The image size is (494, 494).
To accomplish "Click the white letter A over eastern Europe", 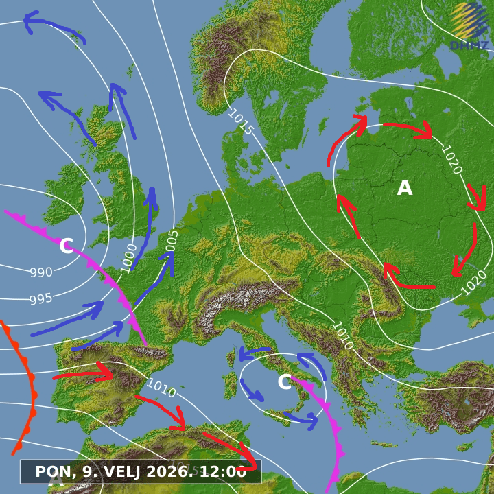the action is pyautogui.click(x=405, y=188).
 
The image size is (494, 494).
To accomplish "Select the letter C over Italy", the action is pyautogui.click(x=285, y=382).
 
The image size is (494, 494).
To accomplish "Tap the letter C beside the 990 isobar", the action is pyautogui.click(x=66, y=246).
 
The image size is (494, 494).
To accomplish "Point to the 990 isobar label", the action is pyautogui.click(x=41, y=272).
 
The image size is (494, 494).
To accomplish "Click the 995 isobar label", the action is pyautogui.click(x=41, y=299).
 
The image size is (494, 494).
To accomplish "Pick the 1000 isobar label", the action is pyautogui.click(x=129, y=258).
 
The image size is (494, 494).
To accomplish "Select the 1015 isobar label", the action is pyautogui.click(x=240, y=122).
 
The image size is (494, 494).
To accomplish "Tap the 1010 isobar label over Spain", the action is pyautogui.click(x=161, y=388).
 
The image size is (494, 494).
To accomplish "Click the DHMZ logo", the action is pyautogui.click(x=469, y=27).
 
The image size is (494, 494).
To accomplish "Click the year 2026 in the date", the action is pyautogui.click(x=173, y=472).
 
